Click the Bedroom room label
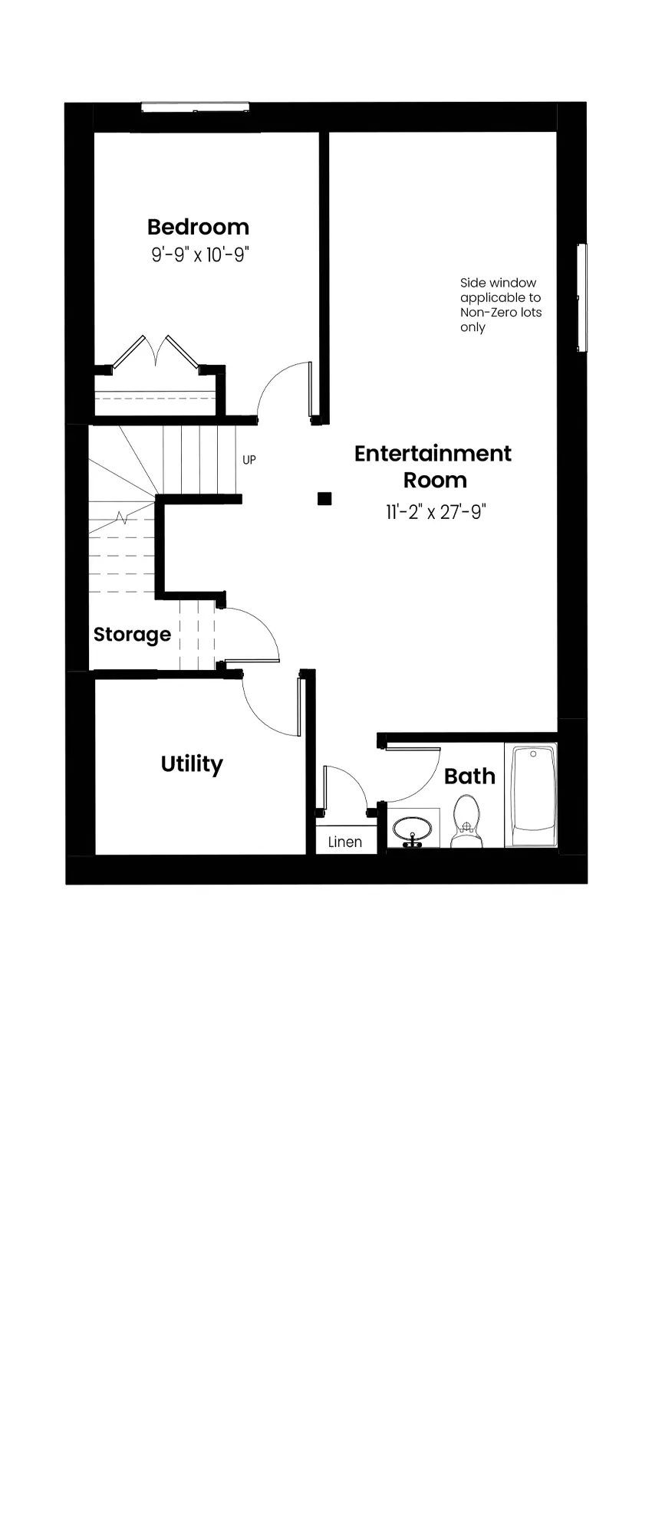click(x=198, y=227)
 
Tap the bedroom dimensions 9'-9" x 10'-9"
click(x=200, y=254)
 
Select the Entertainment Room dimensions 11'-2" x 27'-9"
click(x=436, y=512)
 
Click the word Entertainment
click(x=433, y=453)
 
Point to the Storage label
click(x=132, y=635)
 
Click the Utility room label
click(x=192, y=764)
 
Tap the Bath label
click(x=469, y=776)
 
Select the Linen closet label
click(x=345, y=842)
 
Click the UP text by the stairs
click(x=249, y=460)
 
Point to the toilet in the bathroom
click(x=466, y=821)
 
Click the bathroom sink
click(x=413, y=829)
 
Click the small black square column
click(x=324, y=499)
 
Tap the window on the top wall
click(x=195, y=107)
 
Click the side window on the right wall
click(x=582, y=297)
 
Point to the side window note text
click(x=501, y=305)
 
